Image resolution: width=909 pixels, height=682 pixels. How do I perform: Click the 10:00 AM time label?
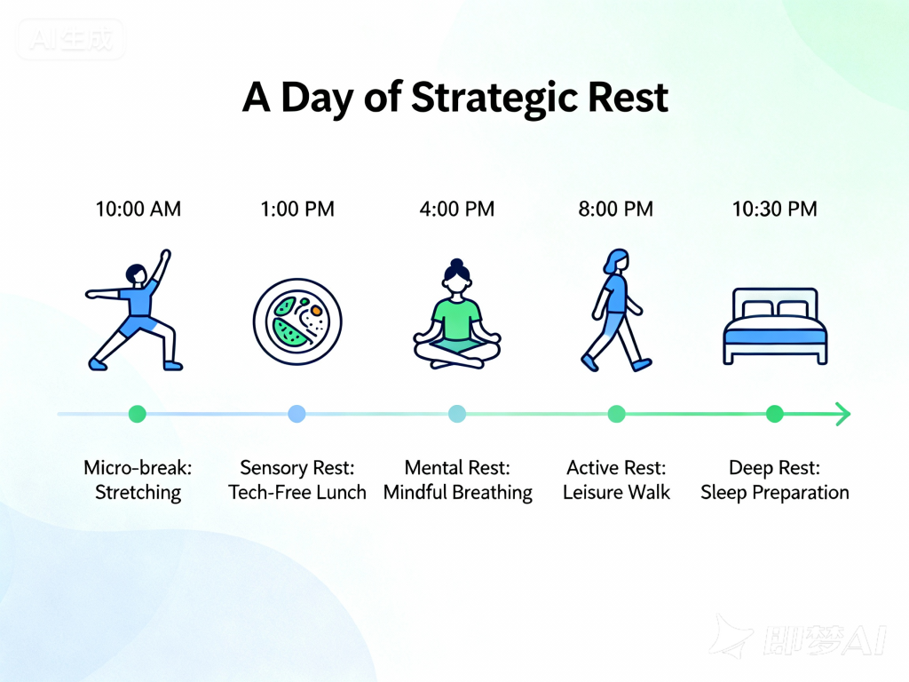pyautogui.click(x=138, y=209)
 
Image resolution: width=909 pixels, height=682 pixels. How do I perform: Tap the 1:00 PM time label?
pyautogui.click(x=297, y=209)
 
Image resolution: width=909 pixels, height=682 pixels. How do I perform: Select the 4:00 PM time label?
pyautogui.click(x=457, y=209)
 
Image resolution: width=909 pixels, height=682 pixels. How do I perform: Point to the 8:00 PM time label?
pyautogui.click(x=616, y=209)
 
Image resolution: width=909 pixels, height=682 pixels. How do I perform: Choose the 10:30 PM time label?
pyautogui.click(x=774, y=209)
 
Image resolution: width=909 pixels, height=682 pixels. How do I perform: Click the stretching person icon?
pyautogui.click(x=135, y=310)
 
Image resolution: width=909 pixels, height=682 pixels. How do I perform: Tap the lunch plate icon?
pyautogui.click(x=297, y=321)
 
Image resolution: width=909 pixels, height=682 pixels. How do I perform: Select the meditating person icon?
pyautogui.click(x=457, y=313)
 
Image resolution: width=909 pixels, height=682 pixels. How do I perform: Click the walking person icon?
pyautogui.click(x=616, y=310)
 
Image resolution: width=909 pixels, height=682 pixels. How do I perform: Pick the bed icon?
pyautogui.click(x=775, y=327)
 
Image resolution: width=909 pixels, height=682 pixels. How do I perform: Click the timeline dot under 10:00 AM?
pyautogui.click(x=138, y=414)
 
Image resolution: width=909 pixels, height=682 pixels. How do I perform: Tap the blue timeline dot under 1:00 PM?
pyautogui.click(x=296, y=414)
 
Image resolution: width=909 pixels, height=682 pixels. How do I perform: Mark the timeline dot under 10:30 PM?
pyautogui.click(x=775, y=414)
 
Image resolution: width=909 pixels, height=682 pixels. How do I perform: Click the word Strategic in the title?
pyautogui.click(x=495, y=98)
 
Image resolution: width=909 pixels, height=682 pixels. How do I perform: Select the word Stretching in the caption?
pyautogui.click(x=138, y=492)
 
